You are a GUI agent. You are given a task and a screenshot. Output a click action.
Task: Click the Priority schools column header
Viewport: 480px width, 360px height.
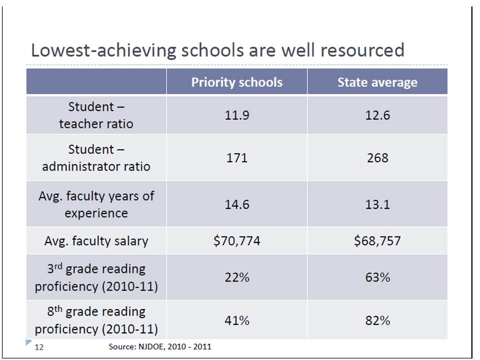point(236,82)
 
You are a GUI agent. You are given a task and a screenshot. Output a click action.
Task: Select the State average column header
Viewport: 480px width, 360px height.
point(377,82)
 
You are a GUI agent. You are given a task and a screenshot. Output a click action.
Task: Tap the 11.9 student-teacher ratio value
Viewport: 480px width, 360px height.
point(237,115)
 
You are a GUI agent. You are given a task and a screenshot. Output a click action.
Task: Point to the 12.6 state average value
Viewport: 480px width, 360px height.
point(377,115)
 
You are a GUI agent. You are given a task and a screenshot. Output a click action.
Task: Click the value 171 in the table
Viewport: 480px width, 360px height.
point(237,158)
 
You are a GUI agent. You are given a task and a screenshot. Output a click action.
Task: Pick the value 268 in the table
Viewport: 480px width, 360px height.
point(377,158)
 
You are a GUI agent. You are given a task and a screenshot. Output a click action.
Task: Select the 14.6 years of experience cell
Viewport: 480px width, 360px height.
point(237,204)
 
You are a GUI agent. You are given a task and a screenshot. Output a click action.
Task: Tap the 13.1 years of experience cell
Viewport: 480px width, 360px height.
point(377,204)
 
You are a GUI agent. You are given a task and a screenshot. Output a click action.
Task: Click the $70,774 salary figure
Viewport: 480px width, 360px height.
point(237,241)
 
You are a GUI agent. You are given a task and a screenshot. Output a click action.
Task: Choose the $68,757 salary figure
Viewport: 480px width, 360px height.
point(377,241)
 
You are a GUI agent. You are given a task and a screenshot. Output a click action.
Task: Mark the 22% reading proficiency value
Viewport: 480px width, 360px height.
point(237,277)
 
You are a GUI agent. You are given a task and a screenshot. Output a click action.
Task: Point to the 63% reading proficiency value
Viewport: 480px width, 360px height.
point(377,277)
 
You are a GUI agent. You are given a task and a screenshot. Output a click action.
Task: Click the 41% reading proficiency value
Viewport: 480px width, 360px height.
point(237,320)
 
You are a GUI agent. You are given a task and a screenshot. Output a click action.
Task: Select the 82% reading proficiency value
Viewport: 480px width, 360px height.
point(377,320)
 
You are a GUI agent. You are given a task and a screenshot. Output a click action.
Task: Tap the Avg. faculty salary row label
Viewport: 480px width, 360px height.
point(96,241)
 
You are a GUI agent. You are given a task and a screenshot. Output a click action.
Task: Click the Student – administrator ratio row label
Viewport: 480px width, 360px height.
point(96,158)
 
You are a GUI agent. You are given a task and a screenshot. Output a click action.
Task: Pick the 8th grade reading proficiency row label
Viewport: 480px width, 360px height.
point(96,320)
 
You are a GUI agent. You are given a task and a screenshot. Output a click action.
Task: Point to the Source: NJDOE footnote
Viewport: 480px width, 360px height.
point(159,346)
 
